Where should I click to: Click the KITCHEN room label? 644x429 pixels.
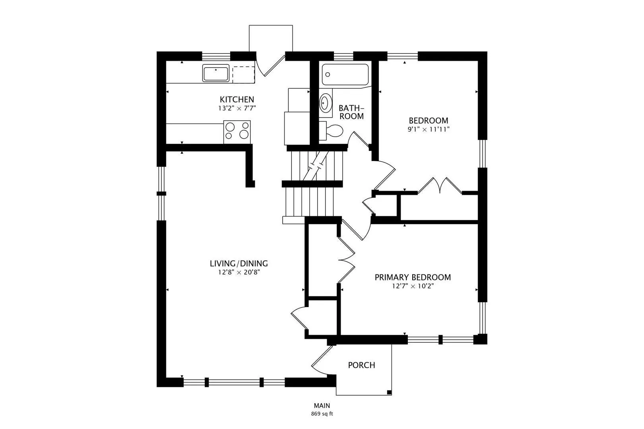coord(237,99)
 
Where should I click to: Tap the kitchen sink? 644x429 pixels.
coord(216,73)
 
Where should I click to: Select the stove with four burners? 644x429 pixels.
coord(237,132)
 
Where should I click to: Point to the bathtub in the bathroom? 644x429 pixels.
coord(345,74)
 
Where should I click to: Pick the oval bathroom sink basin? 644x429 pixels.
coord(325,102)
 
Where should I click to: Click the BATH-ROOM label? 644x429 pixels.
coord(351,112)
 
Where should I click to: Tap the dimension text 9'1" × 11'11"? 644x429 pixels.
coord(429,129)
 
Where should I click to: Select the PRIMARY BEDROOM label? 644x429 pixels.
coord(413,277)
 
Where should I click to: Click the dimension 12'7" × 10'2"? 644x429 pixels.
coord(413,286)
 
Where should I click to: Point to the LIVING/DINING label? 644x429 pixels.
coord(239,263)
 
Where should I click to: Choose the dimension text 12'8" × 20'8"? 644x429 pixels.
coord(239,272)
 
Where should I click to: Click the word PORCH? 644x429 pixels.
coord(361,365)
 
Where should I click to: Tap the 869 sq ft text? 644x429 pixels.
coord(322,414)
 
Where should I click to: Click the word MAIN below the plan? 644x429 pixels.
coord(322,406)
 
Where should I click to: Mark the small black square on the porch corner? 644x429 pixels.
coord(389,392)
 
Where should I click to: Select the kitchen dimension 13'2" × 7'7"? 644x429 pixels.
coord(237,108)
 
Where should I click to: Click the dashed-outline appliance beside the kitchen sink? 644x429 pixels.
coord(244,75)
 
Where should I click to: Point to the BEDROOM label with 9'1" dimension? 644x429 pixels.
coord(429,120)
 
